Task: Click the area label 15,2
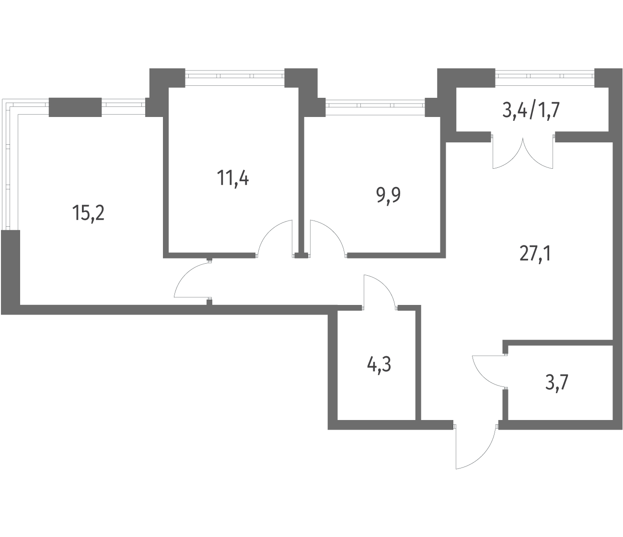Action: [88, 213]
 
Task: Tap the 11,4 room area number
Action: [233, 178]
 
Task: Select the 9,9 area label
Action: [388, 196]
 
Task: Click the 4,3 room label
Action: [379, 365]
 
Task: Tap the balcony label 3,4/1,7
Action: [531, 110]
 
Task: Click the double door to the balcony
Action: [523, 153]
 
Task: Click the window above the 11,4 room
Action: [235, 78]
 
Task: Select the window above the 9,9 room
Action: [375, 107]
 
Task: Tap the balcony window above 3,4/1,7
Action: [545, 78]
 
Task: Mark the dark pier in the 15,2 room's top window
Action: [75, 107]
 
